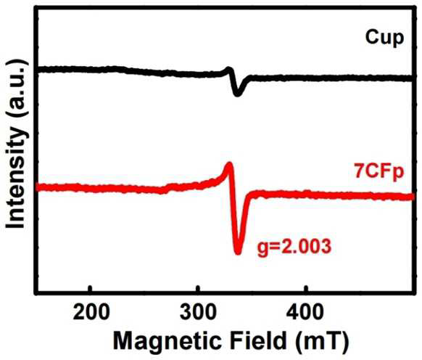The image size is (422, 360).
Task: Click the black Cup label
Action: point(384,38)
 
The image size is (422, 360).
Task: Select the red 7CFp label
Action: point(379,171)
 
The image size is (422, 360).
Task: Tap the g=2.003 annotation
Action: point(294,247)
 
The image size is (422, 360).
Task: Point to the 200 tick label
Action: point(91,312)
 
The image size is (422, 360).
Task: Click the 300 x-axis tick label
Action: point(198,312)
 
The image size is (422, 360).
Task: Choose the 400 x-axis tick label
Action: point(305,312)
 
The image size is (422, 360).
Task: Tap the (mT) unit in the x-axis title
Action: point(321,342)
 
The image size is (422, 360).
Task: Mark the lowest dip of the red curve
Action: point(238,252)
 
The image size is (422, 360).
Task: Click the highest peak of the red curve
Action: point(229,163)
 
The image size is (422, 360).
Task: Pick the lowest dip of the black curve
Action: point(237,94)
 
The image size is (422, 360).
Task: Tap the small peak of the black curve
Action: point(228,69)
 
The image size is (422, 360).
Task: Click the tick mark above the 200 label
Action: point(91,289)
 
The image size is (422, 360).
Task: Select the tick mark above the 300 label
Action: point(199,289)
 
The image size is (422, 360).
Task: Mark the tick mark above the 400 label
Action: point(306,289)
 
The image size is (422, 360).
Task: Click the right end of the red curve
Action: point(412,197)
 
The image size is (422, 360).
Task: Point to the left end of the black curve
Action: point(38,70)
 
